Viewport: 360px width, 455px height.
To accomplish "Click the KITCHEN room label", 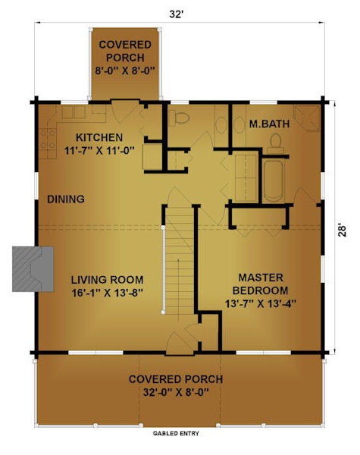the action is (x=99, y=137).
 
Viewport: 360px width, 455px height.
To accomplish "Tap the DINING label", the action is (x=66, y=199).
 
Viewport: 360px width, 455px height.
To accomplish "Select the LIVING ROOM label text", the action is (x=108, y=280).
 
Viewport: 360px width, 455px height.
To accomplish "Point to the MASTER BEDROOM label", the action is (x=261, y=284).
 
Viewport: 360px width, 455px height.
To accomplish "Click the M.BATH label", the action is (x=269, y=124).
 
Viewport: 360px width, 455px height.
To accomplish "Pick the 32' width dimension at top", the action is (x=176, y=14).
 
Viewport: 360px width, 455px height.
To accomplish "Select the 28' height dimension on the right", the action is (x=343, y=231).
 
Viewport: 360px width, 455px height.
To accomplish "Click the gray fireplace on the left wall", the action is (x=33, y=269).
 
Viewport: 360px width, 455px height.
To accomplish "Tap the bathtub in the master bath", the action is (x=274, y=180).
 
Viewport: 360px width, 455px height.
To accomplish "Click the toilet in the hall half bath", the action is (x=179, y=118).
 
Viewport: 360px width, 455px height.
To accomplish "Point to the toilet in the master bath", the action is (x=276, y=143).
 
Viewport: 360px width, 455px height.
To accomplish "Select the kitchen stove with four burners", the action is (x=49, y=140).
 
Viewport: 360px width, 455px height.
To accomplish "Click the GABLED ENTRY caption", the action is (x=176, y=434).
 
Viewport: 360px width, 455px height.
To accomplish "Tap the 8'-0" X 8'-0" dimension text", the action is (x=125, y=71).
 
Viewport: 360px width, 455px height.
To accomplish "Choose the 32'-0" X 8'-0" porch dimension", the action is (x=176, y=392).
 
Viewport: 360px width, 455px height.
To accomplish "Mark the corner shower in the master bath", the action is (x=306, y=118).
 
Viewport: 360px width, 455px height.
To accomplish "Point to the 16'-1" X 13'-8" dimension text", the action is (x=108, y=293).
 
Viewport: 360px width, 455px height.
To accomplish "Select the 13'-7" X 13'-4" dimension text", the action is (x=261, y=303).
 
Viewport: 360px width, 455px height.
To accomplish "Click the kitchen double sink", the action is (x=74, y=112).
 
